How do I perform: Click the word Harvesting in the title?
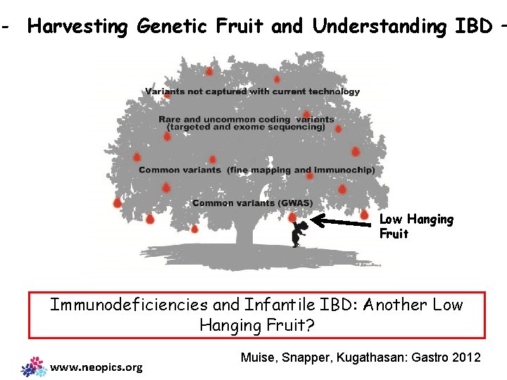point(78,27)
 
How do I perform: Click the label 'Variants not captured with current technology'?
point(252,91)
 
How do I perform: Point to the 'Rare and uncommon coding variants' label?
point(246,119)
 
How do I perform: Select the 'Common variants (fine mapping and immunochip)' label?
point(256,170)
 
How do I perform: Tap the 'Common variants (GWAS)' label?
point(252,203)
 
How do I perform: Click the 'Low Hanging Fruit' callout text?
point(416,227)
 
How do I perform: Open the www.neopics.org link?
point(96,367)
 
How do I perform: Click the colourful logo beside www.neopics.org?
point(34,366)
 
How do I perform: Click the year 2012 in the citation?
point(467,357)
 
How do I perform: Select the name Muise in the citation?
point(258,357)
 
